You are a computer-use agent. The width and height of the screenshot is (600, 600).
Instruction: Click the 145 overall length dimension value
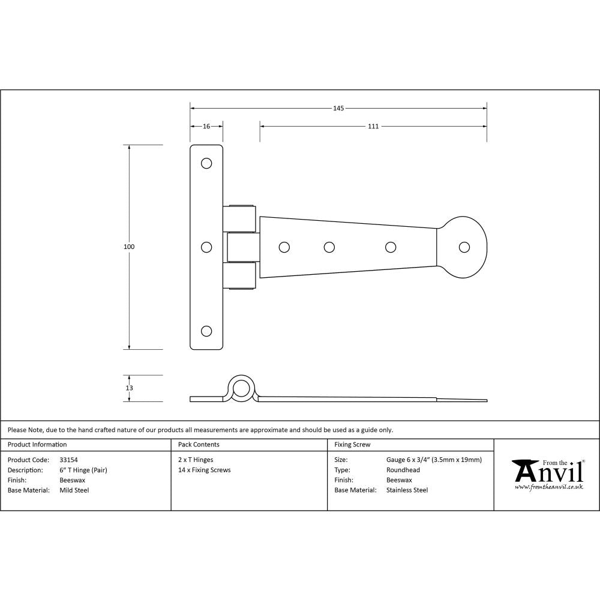pos(338,109)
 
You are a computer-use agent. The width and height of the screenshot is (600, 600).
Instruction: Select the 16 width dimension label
pos(206,127)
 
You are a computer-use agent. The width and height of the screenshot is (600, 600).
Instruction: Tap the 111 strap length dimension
pos(373,127)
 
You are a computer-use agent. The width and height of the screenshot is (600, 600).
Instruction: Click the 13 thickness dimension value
pos(129,388)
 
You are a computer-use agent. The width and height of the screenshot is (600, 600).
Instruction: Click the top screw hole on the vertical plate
pos(206,163)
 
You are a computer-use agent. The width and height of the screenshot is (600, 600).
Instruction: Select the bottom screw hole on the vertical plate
pos(206,331)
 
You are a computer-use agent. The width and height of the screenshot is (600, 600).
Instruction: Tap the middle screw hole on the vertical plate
pos(206,247)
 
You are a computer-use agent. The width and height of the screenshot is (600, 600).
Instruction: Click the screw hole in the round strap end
pos(464,247)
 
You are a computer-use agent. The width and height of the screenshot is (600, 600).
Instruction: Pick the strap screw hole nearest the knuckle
pos(284,247)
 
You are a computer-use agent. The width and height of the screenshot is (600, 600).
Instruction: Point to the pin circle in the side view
pos(242,388)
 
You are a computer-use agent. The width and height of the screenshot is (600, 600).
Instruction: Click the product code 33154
pos(69,460)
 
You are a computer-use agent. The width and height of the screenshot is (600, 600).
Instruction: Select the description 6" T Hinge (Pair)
pos(83,470)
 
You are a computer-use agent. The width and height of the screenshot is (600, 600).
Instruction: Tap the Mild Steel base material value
pos(74,490)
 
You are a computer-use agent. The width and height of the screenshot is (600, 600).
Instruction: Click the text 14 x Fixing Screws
pos(204,470)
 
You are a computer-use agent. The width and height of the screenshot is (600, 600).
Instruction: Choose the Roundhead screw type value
pos(403,470)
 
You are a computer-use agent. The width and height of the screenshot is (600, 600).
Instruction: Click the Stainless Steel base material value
pos(407,490)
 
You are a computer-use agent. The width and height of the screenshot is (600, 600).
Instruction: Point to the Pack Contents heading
pos(199,445)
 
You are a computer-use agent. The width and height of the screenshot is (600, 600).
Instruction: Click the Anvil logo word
pos(548,473)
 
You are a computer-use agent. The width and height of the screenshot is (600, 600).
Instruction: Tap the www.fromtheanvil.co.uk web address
pos(548,487)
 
